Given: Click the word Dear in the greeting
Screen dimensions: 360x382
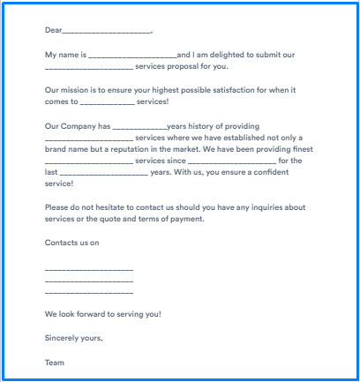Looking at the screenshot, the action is point(54,29).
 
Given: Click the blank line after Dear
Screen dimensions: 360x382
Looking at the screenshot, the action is point(107,31).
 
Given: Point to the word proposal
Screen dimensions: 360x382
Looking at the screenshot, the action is point(185,67).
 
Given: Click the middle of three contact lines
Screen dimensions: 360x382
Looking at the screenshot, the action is point(88,281).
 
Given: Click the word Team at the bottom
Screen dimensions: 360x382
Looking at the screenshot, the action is point(55,362).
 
